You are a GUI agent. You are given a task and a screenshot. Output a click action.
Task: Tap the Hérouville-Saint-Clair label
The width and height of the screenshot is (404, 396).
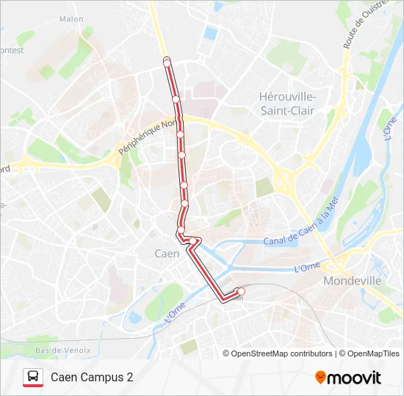coord(287,103)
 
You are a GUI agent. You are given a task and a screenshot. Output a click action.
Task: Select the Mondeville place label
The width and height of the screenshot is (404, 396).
coord(353,280)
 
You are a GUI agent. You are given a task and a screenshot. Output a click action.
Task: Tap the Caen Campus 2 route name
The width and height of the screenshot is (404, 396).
coord(92,378)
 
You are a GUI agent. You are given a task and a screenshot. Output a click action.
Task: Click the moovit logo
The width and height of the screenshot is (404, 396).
coord(348,378)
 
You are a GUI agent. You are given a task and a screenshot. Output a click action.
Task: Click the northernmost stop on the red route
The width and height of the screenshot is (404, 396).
coord(167,62)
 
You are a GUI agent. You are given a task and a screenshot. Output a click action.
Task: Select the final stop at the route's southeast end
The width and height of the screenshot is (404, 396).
coord(241,292)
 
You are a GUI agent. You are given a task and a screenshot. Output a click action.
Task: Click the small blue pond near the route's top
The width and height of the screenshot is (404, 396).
coord(212,33)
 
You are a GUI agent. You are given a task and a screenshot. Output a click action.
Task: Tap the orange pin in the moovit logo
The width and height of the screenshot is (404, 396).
coord(320,378)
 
